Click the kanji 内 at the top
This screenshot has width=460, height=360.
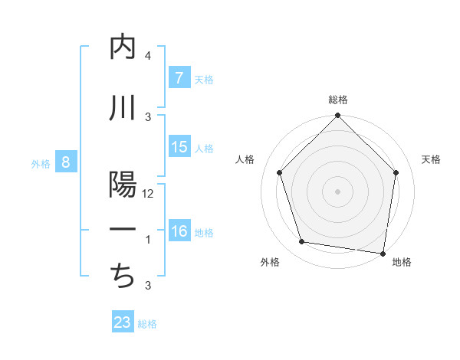pos(123,47)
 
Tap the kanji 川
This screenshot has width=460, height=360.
pos(123,107)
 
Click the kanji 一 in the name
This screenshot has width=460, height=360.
pos(123,231)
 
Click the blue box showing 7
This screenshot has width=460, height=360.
pos(179,77)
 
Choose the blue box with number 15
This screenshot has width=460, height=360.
pos(179,147)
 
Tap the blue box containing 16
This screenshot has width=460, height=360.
pos(179,231)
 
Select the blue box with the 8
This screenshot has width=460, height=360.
pos(66,162)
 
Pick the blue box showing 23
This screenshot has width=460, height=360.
pos(123,322)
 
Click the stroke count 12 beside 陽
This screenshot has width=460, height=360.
pos(149,194)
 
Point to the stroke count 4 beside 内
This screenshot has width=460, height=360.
pos(148,56)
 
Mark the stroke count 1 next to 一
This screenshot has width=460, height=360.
pos(148,240)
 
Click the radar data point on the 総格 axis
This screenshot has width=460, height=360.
pos(337,117)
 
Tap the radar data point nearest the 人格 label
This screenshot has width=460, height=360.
pos(280,173)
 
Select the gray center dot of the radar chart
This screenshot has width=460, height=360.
pos(337,191)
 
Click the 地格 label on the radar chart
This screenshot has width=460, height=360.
pos(402,263)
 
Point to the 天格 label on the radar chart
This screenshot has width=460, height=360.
pos(431,159)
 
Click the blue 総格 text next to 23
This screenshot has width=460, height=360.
pos(147,324)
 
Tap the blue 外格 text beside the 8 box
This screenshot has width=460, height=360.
pos(40,163)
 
